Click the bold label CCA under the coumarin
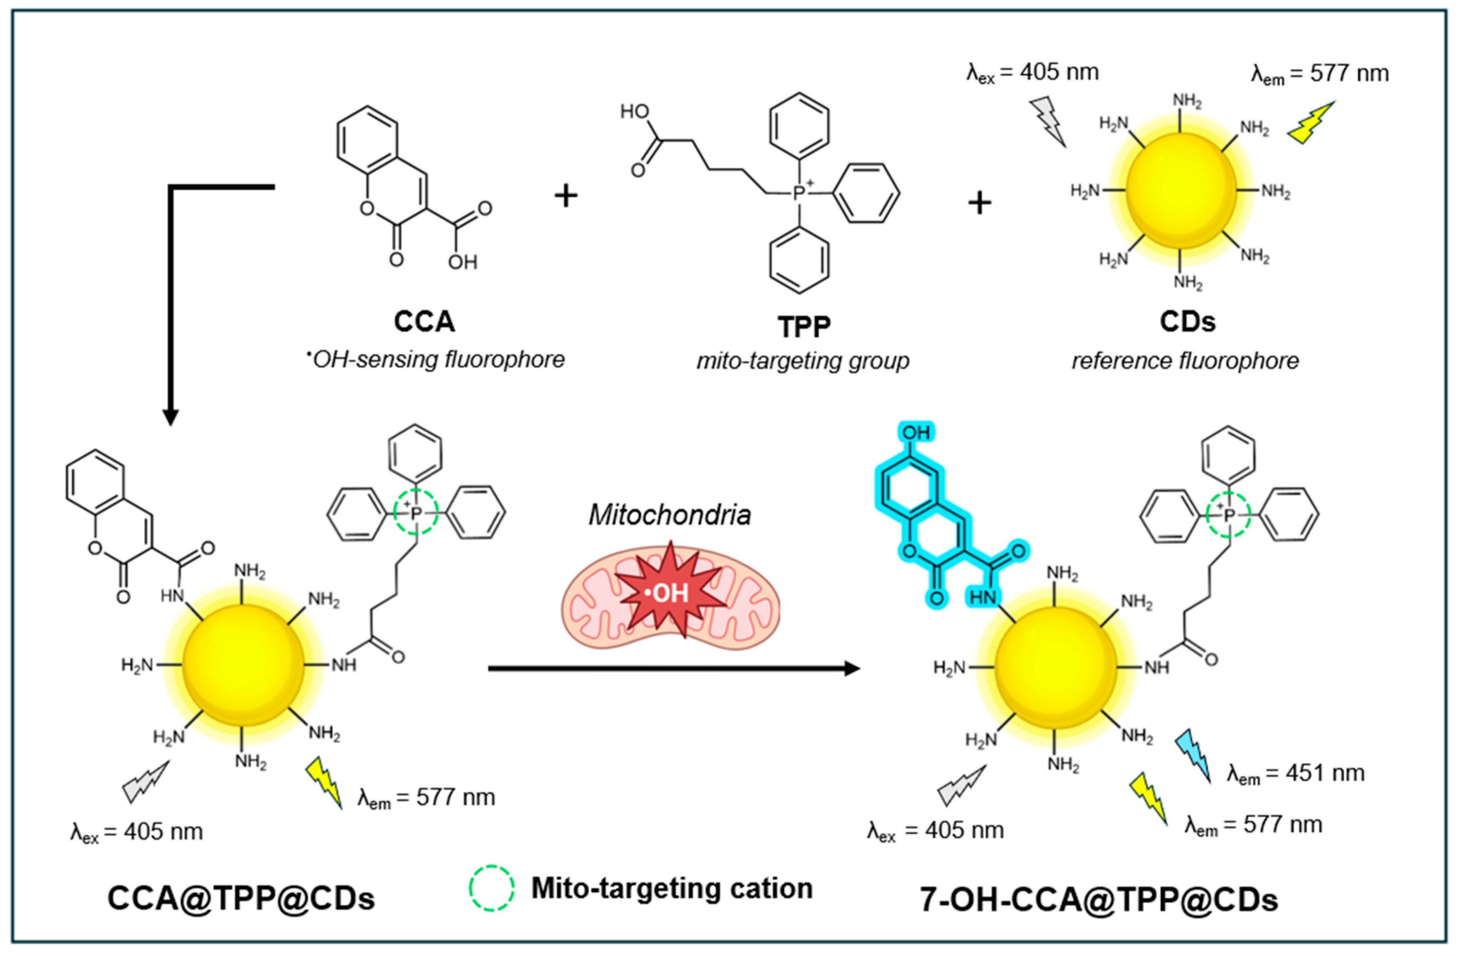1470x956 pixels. coord(425,322)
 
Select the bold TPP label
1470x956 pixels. coord(803,327)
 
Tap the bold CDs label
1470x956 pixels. coord(1187,322)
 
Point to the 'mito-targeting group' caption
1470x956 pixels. coord(803,361)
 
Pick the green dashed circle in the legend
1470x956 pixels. coord(491,888)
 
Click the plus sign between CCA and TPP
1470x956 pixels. coord(566,196)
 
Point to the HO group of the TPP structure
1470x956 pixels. coord(635,112)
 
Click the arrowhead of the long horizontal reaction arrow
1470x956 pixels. coord(852,668)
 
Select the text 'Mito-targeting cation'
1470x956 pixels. coord(672,888)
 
